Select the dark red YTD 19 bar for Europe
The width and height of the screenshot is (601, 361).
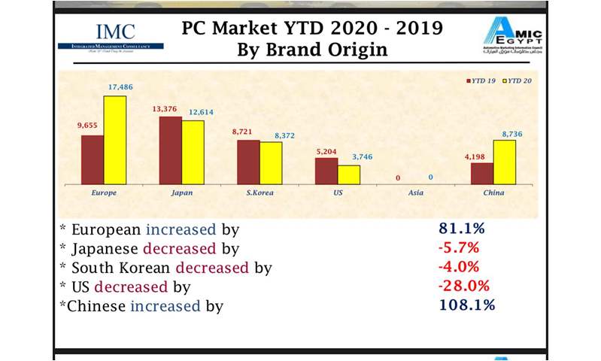click(93, 159)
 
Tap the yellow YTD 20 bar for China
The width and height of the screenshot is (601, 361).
click(505, 162)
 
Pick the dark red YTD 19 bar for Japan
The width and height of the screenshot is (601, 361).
click(171, 150)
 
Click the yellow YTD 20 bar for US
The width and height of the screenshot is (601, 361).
click(349, 174)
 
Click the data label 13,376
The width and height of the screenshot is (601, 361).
click(170, 108)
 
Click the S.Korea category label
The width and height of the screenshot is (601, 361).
click(260, 193)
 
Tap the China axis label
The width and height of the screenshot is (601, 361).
click(493, 193)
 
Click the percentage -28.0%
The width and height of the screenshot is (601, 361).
click(465, 286)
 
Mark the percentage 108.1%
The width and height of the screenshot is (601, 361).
click(466, 305)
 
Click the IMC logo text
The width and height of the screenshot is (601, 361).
click(115, 32)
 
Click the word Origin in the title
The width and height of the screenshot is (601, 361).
click(360, 52)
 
